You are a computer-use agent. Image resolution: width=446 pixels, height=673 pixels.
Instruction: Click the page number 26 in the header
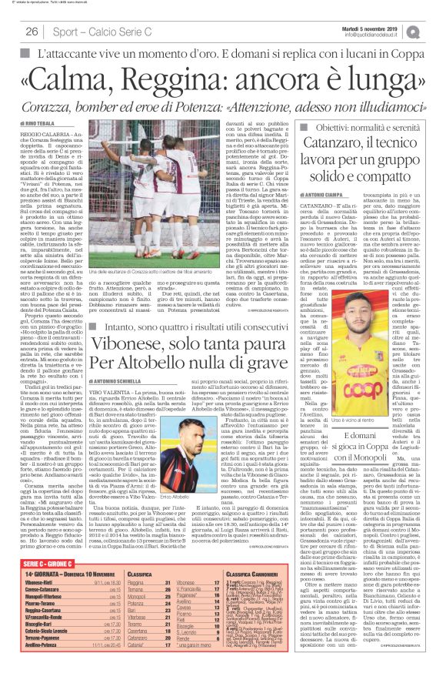[x=32, y=32]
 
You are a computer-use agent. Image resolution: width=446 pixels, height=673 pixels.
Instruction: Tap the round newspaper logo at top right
[x=435, y=30]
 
